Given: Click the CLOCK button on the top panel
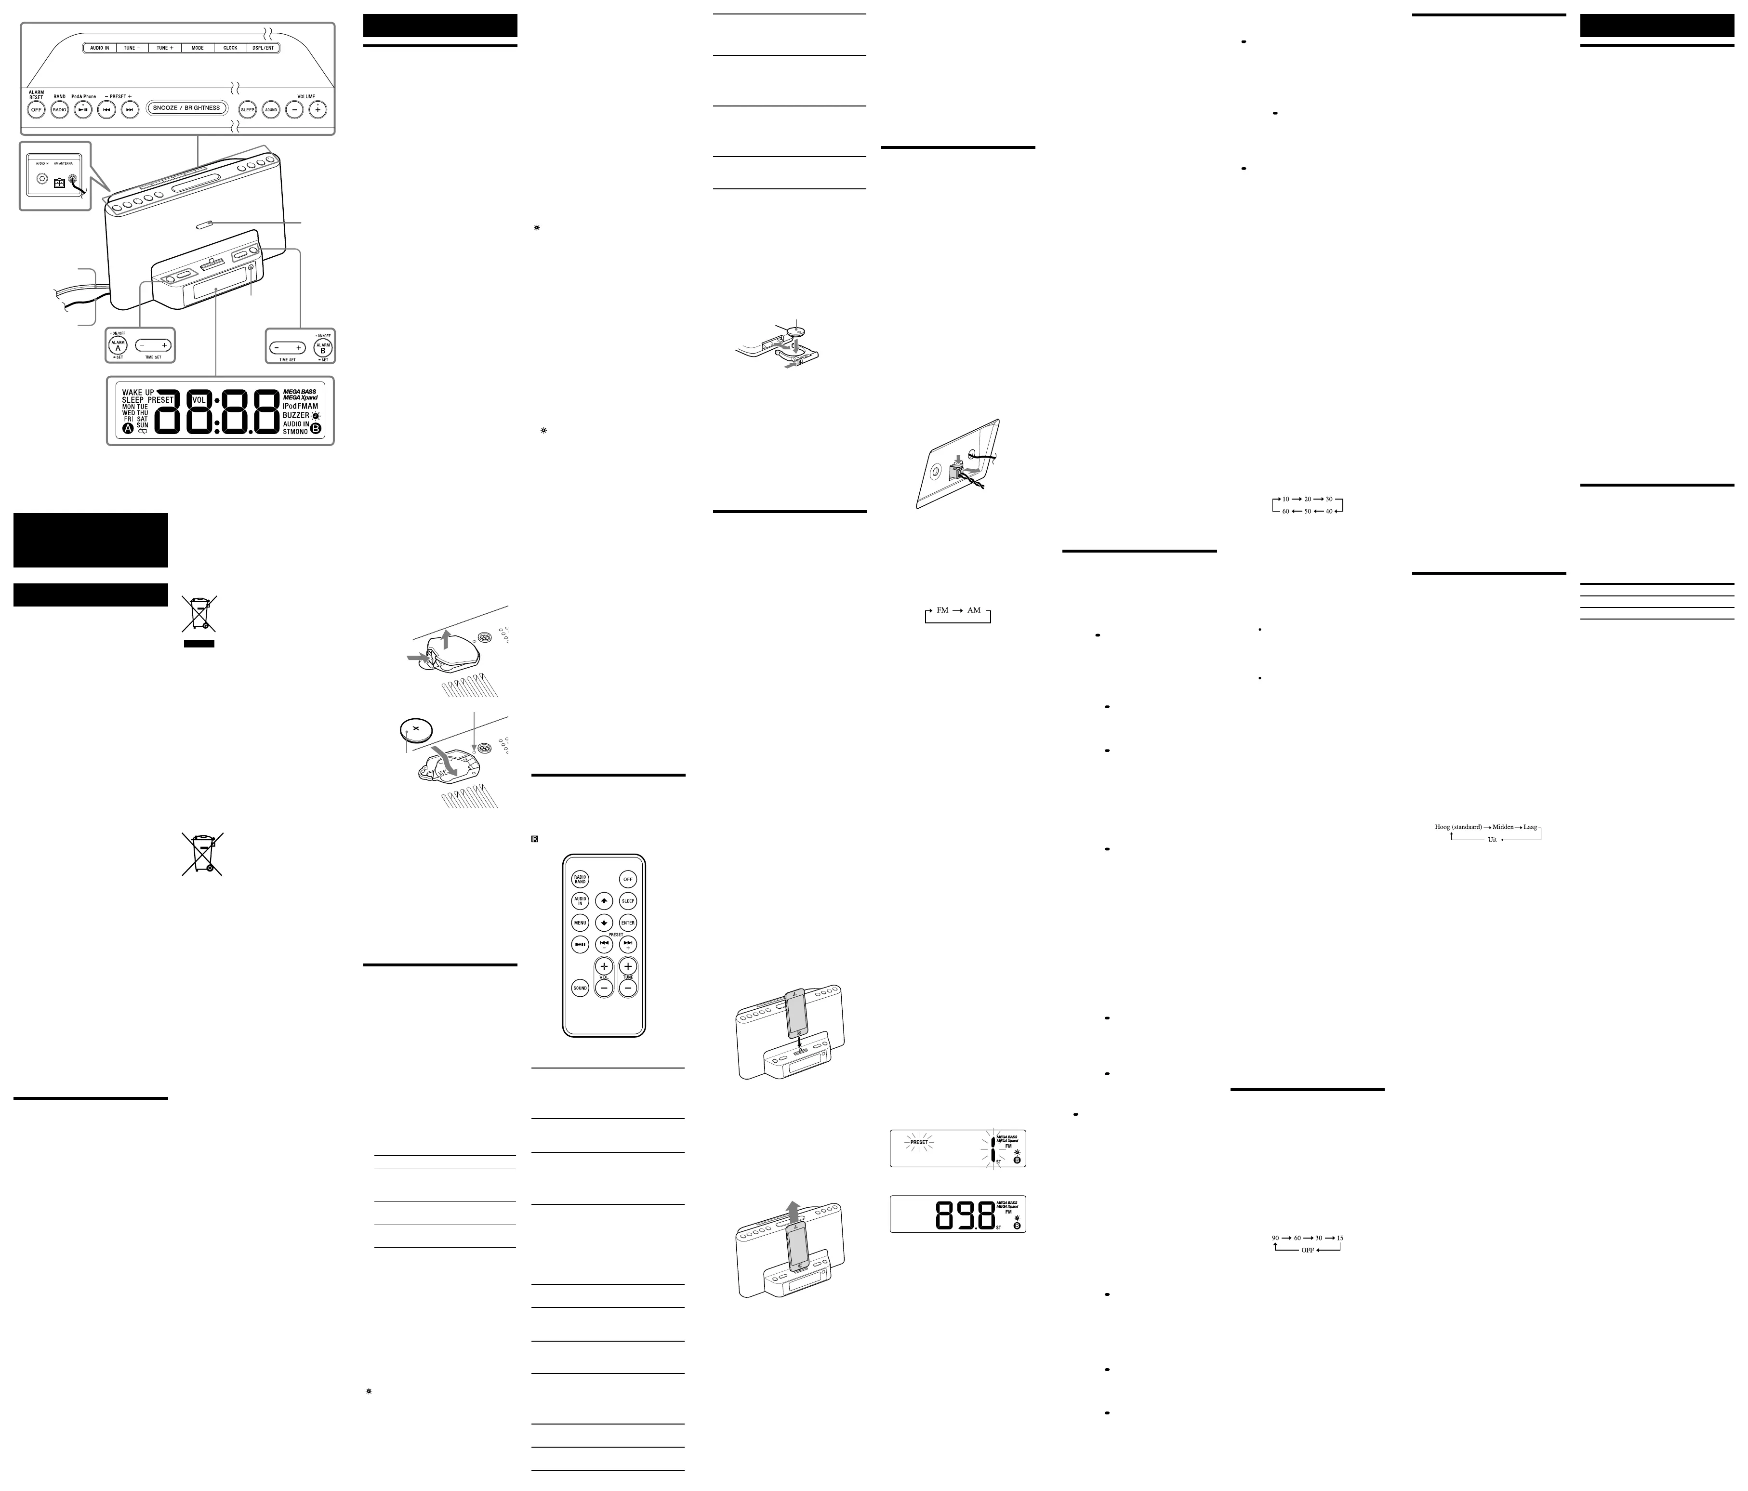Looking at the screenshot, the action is pyautogui.click(x=230, y=48).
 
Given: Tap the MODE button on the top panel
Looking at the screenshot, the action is pyautogui.click(x=198, y=48).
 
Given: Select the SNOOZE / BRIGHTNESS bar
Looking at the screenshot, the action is pyautogui.click(x=186, y=108).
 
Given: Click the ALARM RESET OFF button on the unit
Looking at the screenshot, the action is pyautogui.click(x=36, y=110).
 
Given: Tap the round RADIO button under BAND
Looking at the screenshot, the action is pyautogui.click(x=60, y=110).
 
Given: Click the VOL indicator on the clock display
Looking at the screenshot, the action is pyautogui.click(x=199, y=400).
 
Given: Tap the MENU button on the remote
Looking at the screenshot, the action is pyautogui.click(x=581, y=923).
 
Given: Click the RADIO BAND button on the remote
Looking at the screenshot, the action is pyautogui.click(x=581, y=879).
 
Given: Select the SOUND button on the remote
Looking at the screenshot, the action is pyautogui.click(x=581, y=988).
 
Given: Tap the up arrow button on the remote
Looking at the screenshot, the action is pyautogui.click(x=604, y=901).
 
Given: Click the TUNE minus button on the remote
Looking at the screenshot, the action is pyautogui.click(x=628, y=988).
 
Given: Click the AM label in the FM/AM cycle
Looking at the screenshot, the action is pyautogui.click(x=974, y=610).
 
